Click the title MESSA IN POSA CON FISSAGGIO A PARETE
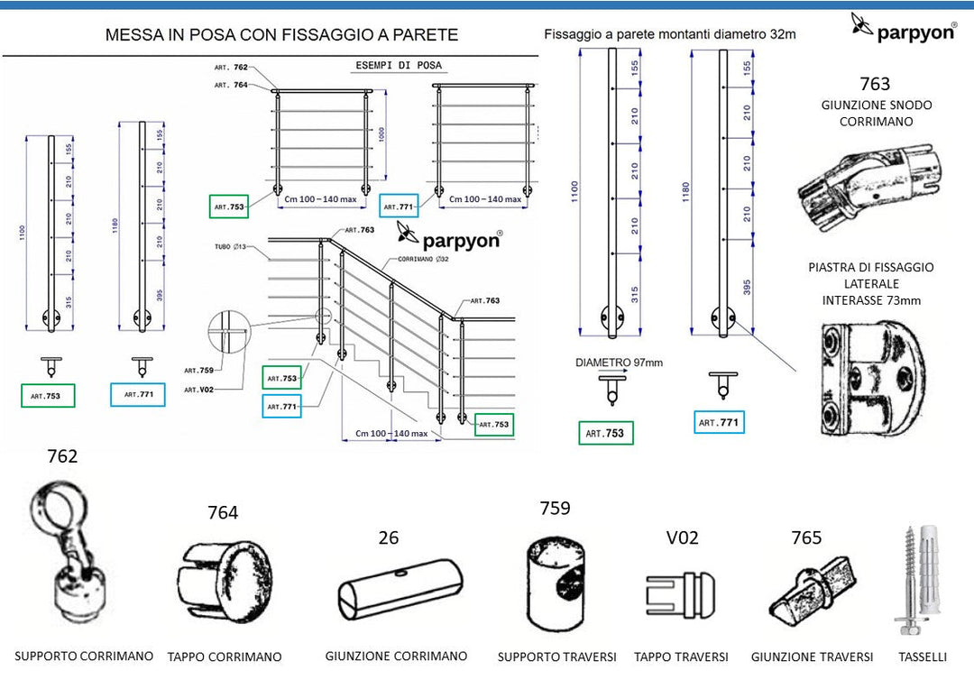point(281,35)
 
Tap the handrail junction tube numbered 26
point(400,596)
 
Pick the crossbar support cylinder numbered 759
point(556,582)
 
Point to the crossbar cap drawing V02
point(682,593)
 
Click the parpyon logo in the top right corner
point(905,28)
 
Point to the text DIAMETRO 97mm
point(619,363)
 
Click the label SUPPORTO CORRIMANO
point(84,656)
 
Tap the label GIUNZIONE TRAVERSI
point(812,657)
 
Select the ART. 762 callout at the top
point(231,68)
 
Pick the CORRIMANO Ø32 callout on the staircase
point(412,259)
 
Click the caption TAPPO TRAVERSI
point(681,657)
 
